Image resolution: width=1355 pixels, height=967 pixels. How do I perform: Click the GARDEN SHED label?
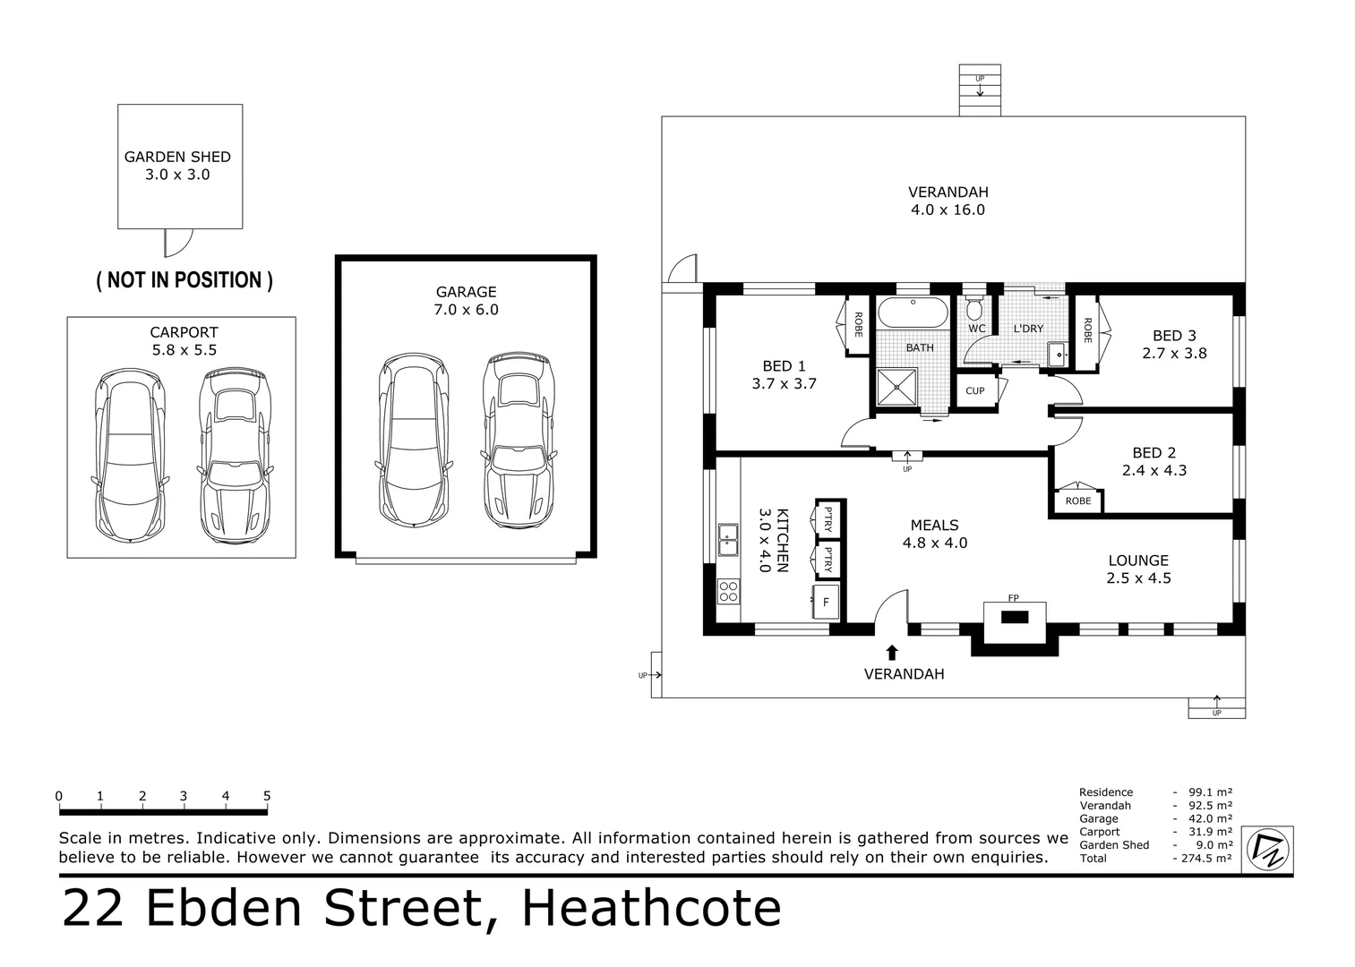(x=177, y=157)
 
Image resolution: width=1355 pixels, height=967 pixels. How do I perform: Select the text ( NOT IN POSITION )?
(x=184, y=280)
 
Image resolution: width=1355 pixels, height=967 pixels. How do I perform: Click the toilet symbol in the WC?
(x=973, y=308)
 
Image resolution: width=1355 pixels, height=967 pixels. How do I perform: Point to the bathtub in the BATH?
(x=913, y=312)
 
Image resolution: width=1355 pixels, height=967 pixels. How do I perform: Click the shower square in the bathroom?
(x=896, y=387)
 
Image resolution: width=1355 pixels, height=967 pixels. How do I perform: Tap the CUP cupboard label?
(x=975, y=390)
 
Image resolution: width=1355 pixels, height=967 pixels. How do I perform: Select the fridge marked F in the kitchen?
(x=826, y=602)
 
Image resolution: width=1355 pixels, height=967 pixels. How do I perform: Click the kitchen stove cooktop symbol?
(x=728, y=592)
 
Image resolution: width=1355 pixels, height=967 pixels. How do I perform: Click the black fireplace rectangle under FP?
(x=1015, y=618)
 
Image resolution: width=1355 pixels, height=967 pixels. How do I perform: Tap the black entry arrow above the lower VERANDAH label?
(x=892, y=653)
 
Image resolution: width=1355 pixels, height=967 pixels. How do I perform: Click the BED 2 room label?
(x=1154, y=452)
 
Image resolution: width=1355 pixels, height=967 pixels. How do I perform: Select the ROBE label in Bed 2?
(x=1078, y=501)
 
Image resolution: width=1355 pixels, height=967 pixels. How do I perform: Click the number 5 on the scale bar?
(x=267, y=796)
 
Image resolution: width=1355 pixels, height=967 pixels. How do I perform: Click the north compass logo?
(x=1268, y=849)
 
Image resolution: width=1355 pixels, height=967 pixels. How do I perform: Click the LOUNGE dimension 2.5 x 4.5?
(x=1139, y=578)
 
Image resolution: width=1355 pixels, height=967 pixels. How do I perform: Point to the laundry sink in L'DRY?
(x=1058, y=353)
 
